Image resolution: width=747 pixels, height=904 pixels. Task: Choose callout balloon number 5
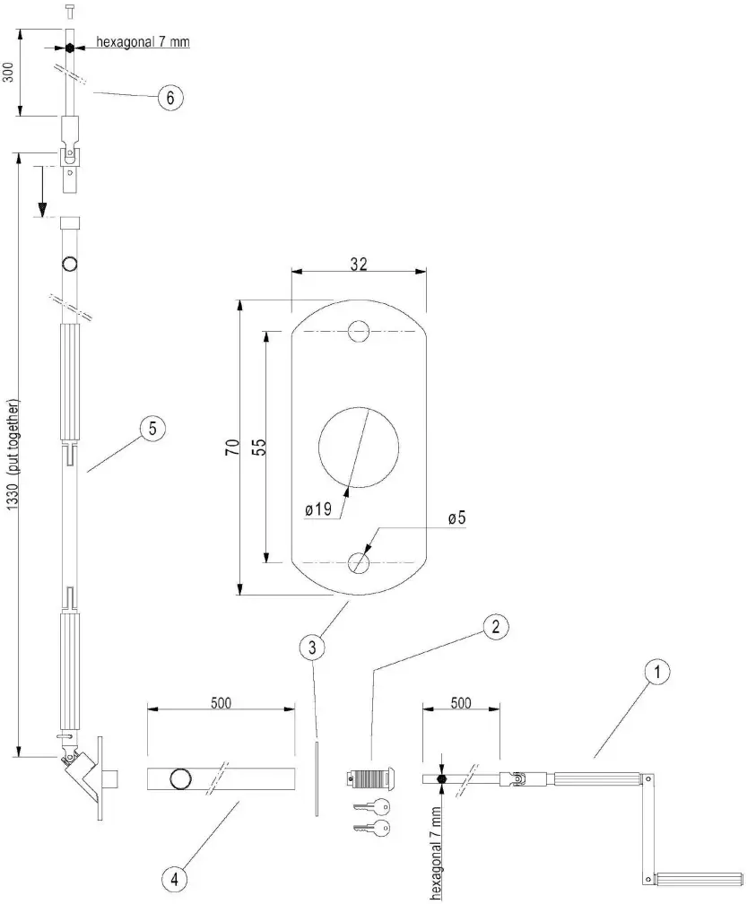152,430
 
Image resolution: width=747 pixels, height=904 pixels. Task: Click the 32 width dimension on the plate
359,265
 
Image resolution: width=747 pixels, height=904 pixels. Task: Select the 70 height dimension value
230,448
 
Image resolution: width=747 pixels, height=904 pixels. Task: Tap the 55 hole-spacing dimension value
258,448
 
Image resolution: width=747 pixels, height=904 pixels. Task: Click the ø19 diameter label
318,508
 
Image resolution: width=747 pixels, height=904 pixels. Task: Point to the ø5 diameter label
456,517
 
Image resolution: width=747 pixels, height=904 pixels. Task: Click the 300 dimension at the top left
8,72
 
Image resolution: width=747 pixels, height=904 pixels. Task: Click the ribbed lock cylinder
369,778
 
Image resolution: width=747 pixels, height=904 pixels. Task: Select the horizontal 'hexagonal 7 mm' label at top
143,42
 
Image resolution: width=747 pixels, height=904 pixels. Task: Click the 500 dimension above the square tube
221,702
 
